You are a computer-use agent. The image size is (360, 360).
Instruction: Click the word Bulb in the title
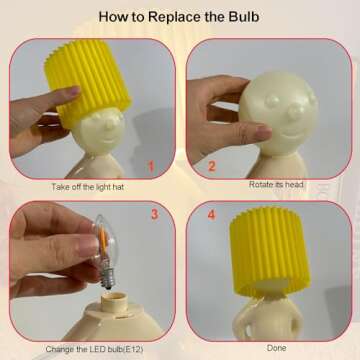point(244,17)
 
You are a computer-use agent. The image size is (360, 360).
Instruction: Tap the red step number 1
point(151,166)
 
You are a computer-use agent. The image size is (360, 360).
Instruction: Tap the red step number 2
point(212,166)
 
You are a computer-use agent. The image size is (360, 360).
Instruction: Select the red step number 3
point(154,214)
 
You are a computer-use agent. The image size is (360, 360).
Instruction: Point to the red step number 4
point(211,215)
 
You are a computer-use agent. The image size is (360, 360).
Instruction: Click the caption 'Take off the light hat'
point(88,187)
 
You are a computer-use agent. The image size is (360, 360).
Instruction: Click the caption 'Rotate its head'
point(276,184)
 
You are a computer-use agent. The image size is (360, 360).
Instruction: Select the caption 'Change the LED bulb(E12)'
point(95,350)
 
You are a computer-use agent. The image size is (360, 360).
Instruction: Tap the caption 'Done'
point(276,348)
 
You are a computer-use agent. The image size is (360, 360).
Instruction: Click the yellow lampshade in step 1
point(88,82)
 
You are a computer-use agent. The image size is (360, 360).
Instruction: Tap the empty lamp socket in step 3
point(115,301)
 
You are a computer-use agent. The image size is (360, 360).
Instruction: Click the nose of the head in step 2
point(295,110)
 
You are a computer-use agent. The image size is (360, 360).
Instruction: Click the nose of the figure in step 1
point(110,122)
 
